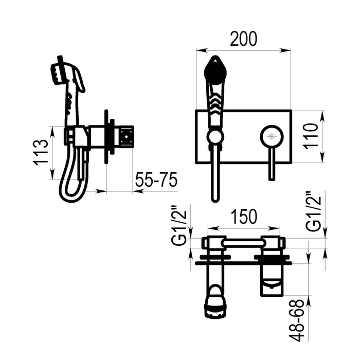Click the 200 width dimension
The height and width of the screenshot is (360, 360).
243,39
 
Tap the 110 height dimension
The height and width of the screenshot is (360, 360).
312,136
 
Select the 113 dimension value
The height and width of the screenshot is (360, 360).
41,152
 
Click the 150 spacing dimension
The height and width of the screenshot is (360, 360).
244,217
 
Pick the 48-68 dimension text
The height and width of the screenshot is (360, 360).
297,321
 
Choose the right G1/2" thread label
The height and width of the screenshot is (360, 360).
313,211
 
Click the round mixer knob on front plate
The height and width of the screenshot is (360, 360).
272,137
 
